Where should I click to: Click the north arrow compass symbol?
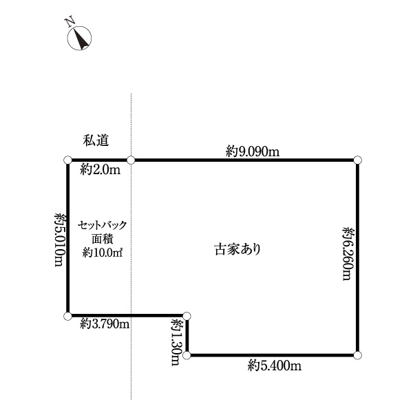79,38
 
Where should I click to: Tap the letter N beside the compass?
70,22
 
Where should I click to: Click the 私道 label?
96,140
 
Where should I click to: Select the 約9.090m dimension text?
253,151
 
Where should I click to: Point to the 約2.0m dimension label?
100,169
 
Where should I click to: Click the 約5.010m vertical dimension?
60,240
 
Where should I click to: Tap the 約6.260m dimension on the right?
348,253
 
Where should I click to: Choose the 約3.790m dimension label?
105,324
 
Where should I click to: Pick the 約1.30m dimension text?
176,342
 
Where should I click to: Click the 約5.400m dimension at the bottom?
275,366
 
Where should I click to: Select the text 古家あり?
237,249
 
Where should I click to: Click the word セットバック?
102,225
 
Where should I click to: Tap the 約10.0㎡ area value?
102,253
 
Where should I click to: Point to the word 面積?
103,239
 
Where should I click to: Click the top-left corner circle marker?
67,160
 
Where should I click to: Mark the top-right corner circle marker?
357,160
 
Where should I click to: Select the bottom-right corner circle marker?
357,355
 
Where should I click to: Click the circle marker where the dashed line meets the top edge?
131,160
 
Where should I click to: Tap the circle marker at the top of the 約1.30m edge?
187,316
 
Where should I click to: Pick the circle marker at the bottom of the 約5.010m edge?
67,316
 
